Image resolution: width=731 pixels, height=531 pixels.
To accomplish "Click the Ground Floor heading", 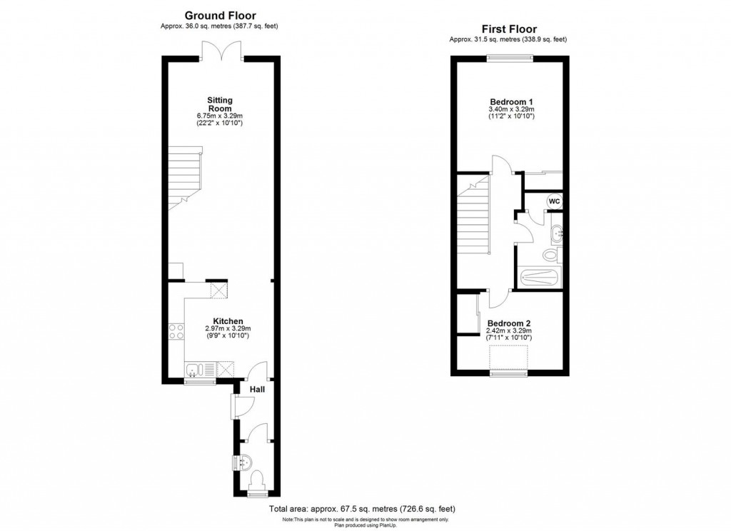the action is pyautogui.click(x=220, y=16).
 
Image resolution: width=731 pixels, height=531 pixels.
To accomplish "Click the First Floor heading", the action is pyautogui.click(x=509, y=29).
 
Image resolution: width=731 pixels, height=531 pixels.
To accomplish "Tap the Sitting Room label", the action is pyautogui.click(x=220, y=104).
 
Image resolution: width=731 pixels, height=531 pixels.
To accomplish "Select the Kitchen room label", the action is pyautogui.click(x=228, y=321).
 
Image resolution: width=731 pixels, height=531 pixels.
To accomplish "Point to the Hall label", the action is pyautogui.click(x=257, y=389).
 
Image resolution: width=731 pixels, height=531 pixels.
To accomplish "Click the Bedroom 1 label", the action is pyautogui.click(x=511, y=101).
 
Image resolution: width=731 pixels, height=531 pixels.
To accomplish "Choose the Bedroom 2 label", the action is pyautogui.click(x=509, y=323).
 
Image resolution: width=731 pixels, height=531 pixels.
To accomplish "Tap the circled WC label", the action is pyautogui.click(x=554, y=201).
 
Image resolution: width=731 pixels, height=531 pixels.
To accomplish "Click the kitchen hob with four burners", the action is pyautogui.click(x=176, y=331).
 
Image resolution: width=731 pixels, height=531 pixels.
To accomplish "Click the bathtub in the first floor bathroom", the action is pyautogui.click(x=540, y=278).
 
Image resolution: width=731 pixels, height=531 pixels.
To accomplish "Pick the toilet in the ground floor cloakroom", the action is pyautogui.click(x=257, y=480).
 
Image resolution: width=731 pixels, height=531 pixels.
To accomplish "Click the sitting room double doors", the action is pyautogui.click(x=222, y=51).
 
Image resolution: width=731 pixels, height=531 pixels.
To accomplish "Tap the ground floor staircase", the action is pyautogui.click(x=185, y=178).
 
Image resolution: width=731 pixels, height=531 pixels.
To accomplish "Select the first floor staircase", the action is pyautogui.click(x=473, y=214).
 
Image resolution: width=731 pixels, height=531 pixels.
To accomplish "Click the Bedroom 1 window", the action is pyautogui.click(x=510, y=59).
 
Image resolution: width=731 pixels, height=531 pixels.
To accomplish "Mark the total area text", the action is pyautogui.click(x=362, y=509).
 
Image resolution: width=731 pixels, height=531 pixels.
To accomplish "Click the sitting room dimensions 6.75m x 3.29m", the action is pyautogui.click(x=220, y=116).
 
